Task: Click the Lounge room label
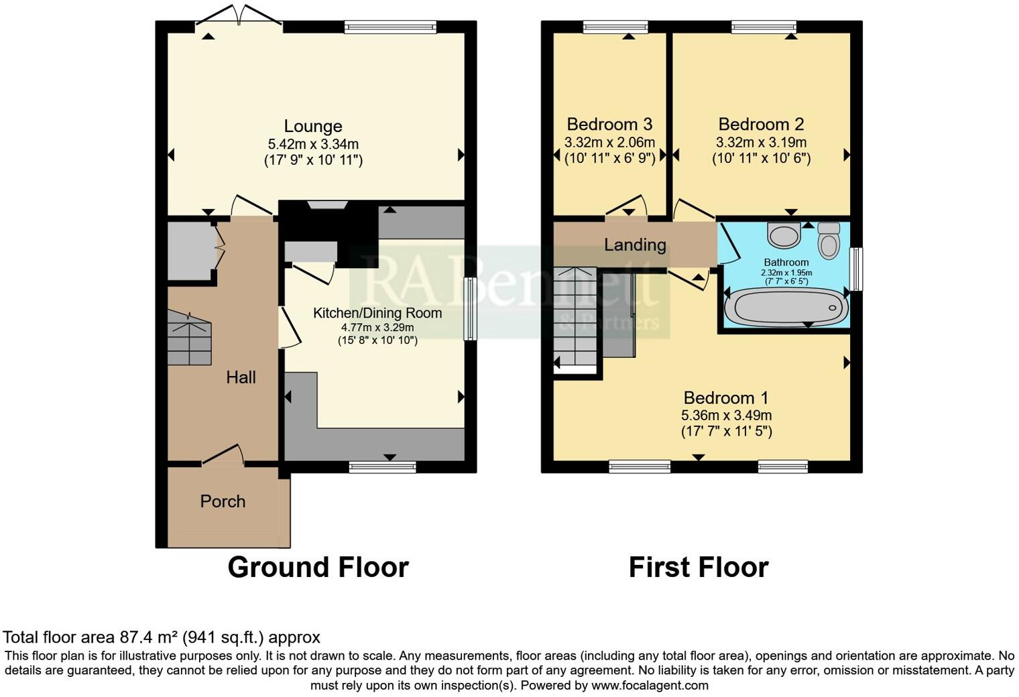click(312, 126)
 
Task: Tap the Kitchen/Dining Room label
click(377, 313)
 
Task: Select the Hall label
click(241, 377)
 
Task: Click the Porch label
click(223, 501)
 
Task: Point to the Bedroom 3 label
click(609, 124)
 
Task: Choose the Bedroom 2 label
click(761, 124)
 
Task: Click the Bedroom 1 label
click(726, 397)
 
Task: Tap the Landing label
click(635, 245)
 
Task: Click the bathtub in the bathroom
click(786, 308)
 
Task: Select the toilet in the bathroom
click(829, 241)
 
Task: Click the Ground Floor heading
click(318, 568)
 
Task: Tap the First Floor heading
click(698, 568)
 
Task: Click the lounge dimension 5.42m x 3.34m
click(313, 144)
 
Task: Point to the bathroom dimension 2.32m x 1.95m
click(786, 273)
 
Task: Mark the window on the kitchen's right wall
click(471, 309)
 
